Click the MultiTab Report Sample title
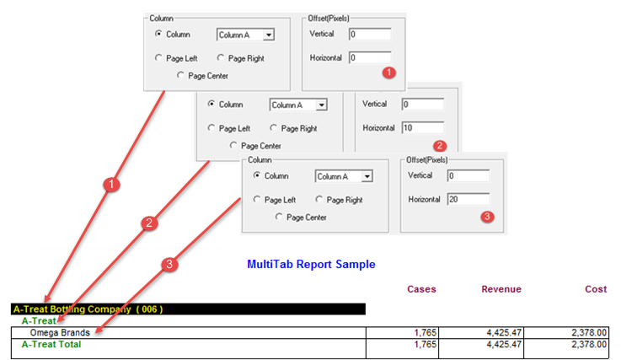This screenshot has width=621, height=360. (x=311, y=265)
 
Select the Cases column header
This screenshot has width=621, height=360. (x=421, y=289)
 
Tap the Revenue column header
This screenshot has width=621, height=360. (x=501, y=289)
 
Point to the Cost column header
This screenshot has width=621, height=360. (x=596, y=289)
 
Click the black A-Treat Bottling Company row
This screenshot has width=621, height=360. (x=188, y=309)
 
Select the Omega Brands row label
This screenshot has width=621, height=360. (x=60, y=333)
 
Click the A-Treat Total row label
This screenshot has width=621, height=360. (x=51, y=344)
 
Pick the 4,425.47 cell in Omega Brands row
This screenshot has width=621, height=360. (x=504, y=333)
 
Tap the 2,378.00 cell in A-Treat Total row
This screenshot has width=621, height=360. (x=589, y=344)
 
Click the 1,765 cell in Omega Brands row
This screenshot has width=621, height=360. (x=426, y=333)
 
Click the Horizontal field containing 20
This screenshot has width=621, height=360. (x=468, y=199)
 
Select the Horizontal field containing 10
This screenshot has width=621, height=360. (x=423, y=127)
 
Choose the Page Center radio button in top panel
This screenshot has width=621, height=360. (x=180, y=75)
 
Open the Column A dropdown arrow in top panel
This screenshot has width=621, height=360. (x=269, y=35)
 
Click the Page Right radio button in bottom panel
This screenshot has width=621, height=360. (x=319, y=199)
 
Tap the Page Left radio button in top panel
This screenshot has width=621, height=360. (x=158, y=58)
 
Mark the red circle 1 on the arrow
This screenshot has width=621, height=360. (x=111, y=185)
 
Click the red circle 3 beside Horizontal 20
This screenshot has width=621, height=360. (x=487, y=217)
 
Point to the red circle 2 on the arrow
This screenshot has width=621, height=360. (x=149, y=223)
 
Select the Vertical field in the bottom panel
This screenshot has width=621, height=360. (x=468, y=175)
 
